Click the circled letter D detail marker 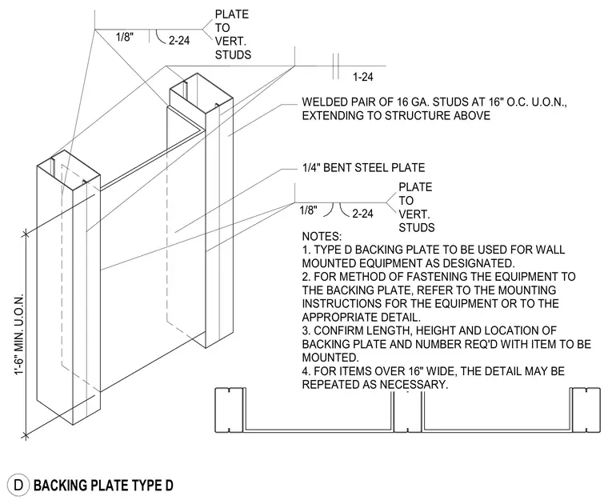click(x=18, y=485)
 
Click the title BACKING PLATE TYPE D click(x=103, y=486)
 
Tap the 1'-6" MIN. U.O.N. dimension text click(x=19, y=334)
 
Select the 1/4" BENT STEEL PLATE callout click(x=364, y=167)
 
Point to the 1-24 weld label click(x=363, y=77)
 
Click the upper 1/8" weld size click(x=125, y=38)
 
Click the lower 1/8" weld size click(x=308, y=210)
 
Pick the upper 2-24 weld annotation click(x=179, y=40)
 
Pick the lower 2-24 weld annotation click(x=362, y=214)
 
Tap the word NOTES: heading click(x=322, y=236)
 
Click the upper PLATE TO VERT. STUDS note click(x=233, y=34)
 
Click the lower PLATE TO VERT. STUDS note click(x=417, y=207)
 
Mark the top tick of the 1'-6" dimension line click(x=26, y=234)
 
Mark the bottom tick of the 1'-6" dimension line click(x=26, y=436)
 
